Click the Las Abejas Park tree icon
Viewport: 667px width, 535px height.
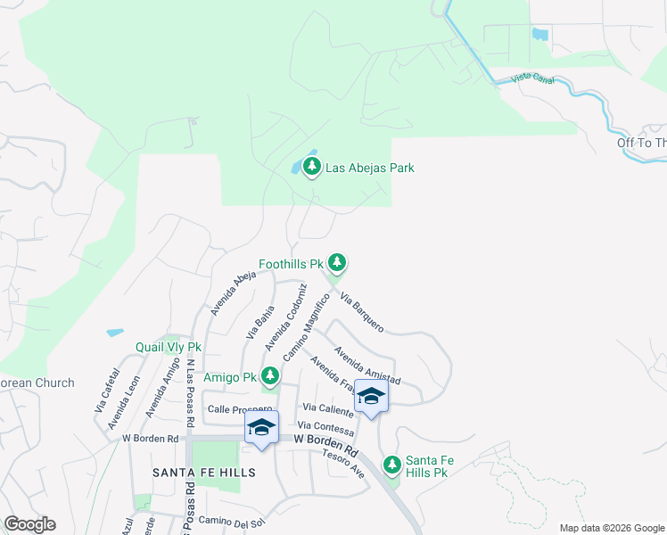click(x=312, y=166)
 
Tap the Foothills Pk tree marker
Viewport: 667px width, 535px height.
click(x=336, y=262)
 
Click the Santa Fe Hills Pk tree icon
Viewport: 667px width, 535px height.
click(x=391, y=464)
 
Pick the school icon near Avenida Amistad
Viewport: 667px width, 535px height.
click(x=371, y=397)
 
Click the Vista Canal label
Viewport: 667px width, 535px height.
click(x=532, y=79)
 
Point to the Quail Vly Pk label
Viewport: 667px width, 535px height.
click(x=169, y=347)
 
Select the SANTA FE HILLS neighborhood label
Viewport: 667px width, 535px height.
click(x=204, y=472)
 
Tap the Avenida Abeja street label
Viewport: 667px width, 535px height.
click(x=226, y=293)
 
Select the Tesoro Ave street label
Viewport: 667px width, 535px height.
click(x=344, y=464)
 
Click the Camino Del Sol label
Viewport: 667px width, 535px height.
click(x=232, y=521)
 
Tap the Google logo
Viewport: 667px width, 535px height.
click(x=29, y=524)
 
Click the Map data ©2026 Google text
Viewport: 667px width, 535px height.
click(x=611, y=528)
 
